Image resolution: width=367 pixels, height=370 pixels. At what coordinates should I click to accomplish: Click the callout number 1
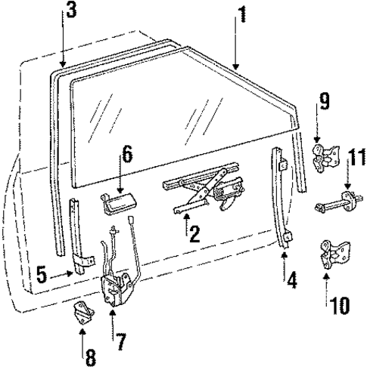point(241,15)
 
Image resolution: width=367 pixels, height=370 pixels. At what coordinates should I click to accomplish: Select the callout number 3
point(71,11)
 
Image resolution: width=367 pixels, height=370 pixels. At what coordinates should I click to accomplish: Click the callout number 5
point(43,276)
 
